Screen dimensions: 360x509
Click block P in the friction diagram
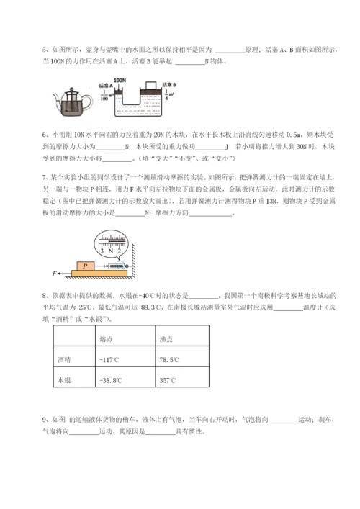click(86, 265)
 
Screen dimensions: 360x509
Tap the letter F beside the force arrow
click(53, 274)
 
